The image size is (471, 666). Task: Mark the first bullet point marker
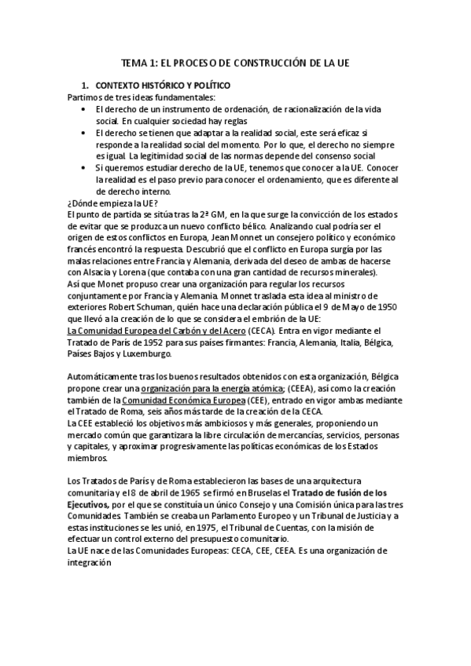(x=83, y=108)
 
